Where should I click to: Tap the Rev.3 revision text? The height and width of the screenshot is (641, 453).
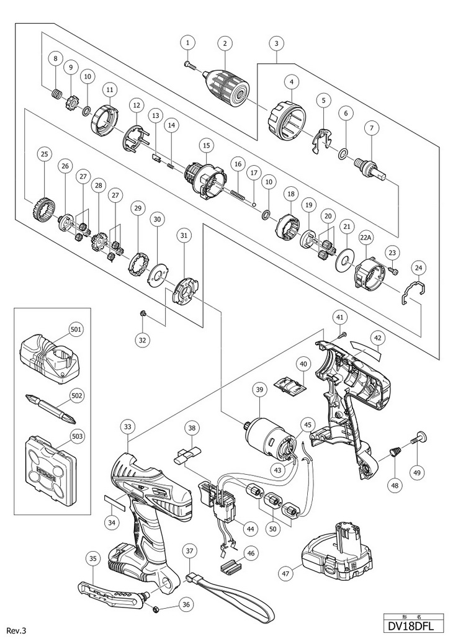pos(17,630)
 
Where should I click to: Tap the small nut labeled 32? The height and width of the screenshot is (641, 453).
pos(143,314)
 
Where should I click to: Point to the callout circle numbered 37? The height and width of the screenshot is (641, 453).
pos(190,550)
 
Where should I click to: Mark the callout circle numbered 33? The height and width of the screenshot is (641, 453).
pos(128,427)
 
